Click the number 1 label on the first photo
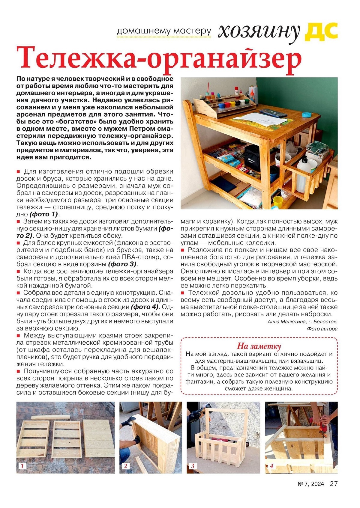click(22, 466)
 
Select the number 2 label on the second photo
click(125, 466)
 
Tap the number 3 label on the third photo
click(193, 466)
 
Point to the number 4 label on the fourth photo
click(271, 466)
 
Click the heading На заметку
click(259, 346)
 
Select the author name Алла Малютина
click(286, 322)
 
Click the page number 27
click(334, 484)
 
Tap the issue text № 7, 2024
click(310, 484)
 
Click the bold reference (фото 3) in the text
click(122, 264)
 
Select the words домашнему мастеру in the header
click(164, 31)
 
